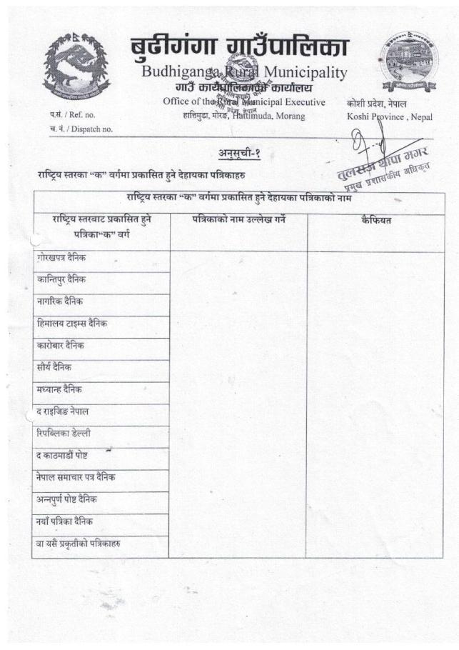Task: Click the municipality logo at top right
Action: tap(405, 62)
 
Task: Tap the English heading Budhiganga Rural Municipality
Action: tap(244, 72)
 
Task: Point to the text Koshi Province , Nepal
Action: tap(389, 116)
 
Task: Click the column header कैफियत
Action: tap(376, 220)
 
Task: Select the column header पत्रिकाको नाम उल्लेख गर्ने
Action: tap(238, 220)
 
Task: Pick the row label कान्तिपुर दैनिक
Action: tap(66, 279)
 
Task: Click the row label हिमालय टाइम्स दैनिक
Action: tap(72, 324)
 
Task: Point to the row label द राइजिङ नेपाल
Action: tap(63, 411)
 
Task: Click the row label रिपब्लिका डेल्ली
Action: tap(64, 433)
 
